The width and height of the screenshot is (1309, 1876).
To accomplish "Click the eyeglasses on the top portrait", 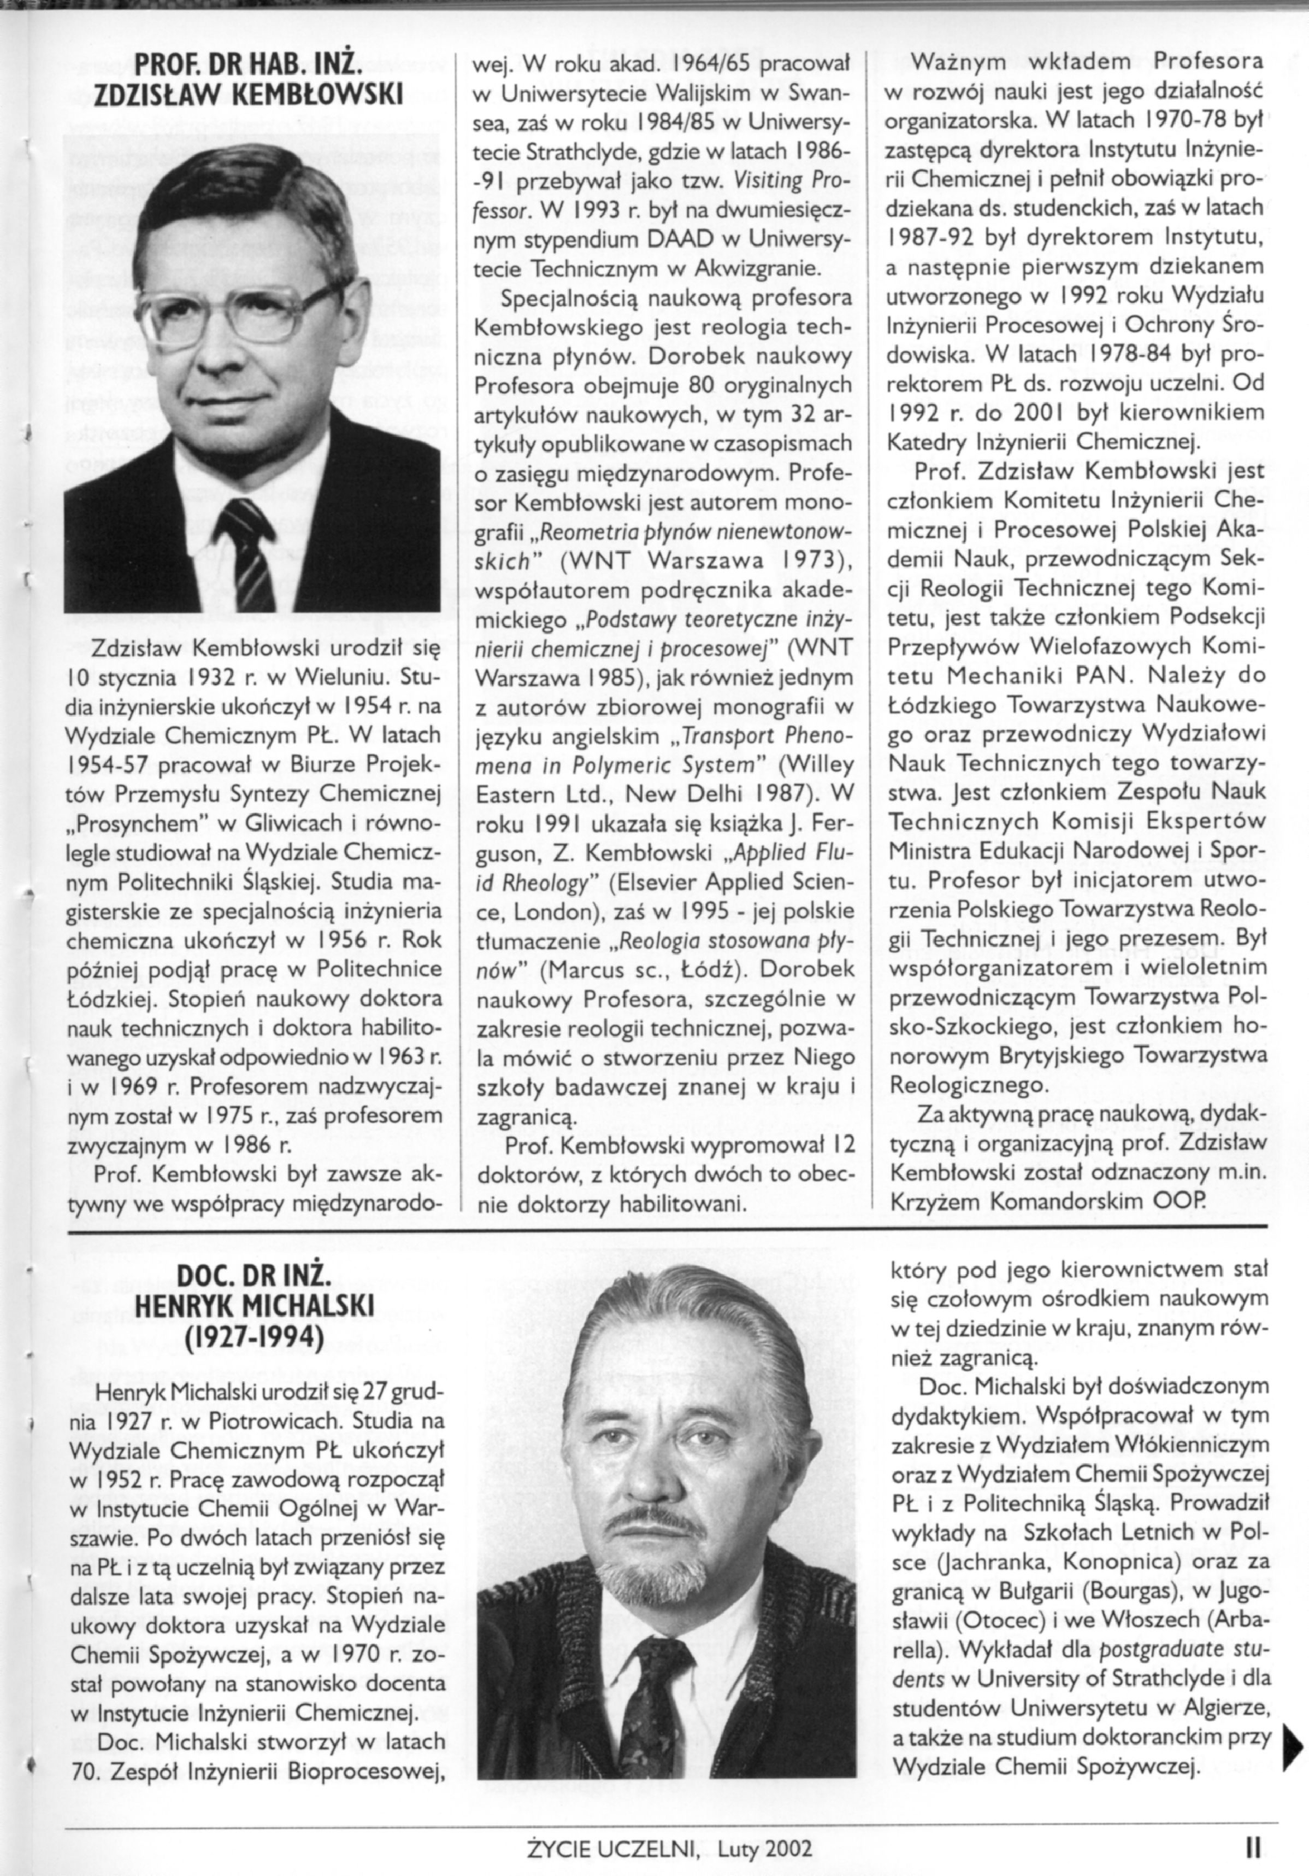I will (244, 311).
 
